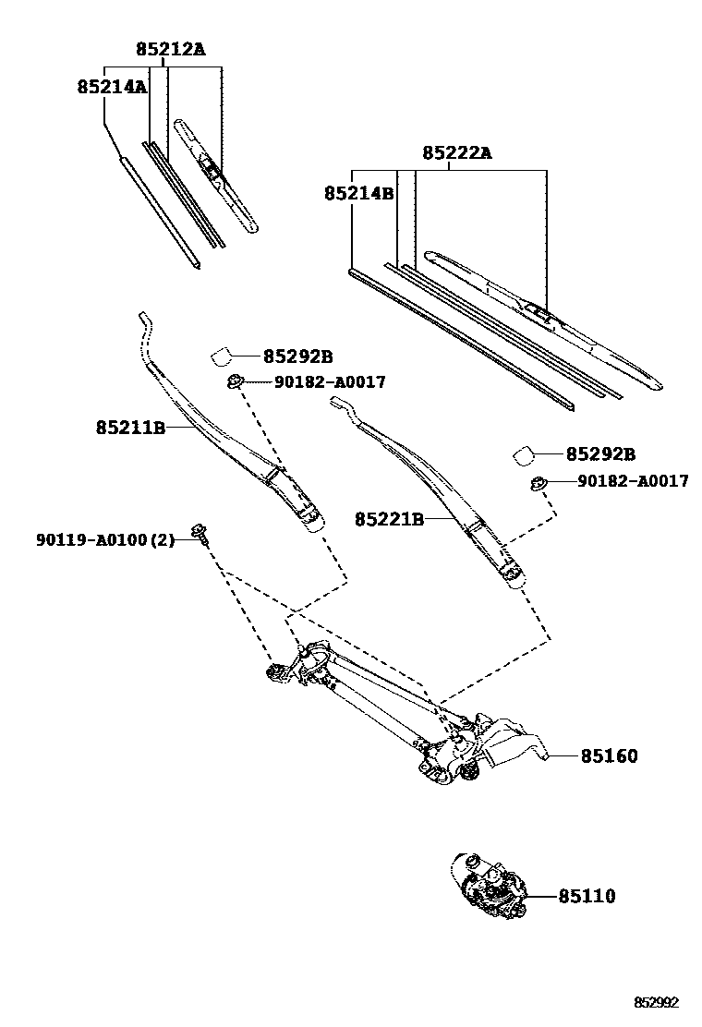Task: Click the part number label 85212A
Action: click(170, 49)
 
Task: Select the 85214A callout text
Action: click(112, 87)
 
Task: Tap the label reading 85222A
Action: click(457, 153)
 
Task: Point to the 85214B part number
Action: click(359, 194)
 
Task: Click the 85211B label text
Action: click(130, 428)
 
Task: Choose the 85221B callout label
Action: click(389, 520)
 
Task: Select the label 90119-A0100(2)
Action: click(105, 539)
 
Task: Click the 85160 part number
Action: click(610, 756)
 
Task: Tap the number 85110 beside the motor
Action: click(587, 896)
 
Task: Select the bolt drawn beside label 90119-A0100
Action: click(199, 531)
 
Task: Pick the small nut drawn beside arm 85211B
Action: click(235, 381)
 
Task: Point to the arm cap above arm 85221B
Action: click(524, 454)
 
